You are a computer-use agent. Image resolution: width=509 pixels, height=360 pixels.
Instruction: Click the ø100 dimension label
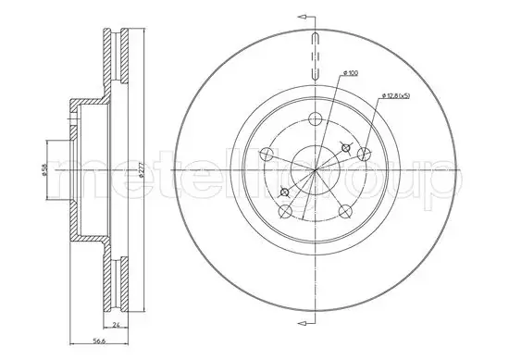coord(351,74)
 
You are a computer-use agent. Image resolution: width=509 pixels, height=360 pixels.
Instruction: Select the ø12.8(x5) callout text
coord(396,95)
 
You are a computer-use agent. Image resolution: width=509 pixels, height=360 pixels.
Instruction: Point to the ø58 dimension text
coord(43,169)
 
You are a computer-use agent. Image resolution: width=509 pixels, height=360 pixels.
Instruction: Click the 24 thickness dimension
coord(117,325)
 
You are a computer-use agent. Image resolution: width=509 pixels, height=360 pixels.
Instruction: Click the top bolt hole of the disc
coord(315,119)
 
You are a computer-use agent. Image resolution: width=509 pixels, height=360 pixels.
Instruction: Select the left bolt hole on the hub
coord(267,155)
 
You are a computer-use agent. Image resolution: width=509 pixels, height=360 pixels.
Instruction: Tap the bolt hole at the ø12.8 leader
coord(364,154)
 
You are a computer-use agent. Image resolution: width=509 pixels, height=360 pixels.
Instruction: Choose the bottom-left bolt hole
coord(285,211)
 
